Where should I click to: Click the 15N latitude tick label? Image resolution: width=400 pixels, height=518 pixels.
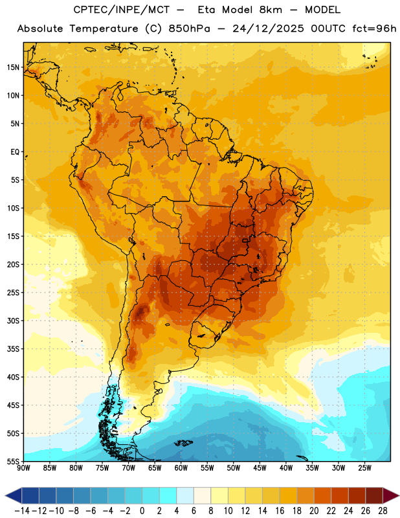13,67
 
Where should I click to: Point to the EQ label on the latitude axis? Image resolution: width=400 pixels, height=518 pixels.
15,152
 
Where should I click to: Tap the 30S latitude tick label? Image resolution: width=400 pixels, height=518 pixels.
13,321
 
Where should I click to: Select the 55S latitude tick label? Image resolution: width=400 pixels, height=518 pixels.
13,461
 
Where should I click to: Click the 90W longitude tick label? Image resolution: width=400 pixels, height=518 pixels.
23,468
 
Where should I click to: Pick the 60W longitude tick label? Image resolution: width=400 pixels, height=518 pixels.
181,468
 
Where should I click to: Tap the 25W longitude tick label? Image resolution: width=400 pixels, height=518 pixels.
364,468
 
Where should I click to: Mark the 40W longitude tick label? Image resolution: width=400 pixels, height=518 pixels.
286,468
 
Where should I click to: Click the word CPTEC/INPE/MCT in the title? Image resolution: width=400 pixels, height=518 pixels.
122,10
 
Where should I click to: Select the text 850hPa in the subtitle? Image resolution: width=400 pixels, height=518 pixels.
189,28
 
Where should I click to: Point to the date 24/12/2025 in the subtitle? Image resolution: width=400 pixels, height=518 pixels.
268,28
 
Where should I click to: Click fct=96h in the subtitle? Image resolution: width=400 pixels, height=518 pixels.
374,28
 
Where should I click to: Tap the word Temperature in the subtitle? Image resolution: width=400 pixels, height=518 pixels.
104,28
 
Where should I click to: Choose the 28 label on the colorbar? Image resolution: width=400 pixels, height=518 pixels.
383,511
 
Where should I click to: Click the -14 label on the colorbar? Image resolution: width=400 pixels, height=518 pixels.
22,511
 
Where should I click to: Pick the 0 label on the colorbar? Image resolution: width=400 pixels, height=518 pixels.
142,511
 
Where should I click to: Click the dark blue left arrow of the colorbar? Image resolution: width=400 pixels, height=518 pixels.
13,495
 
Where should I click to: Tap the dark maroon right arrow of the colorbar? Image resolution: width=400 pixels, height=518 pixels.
391,495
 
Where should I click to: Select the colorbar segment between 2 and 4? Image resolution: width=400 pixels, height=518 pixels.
168,495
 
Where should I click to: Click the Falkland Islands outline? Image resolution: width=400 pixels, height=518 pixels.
184,443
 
